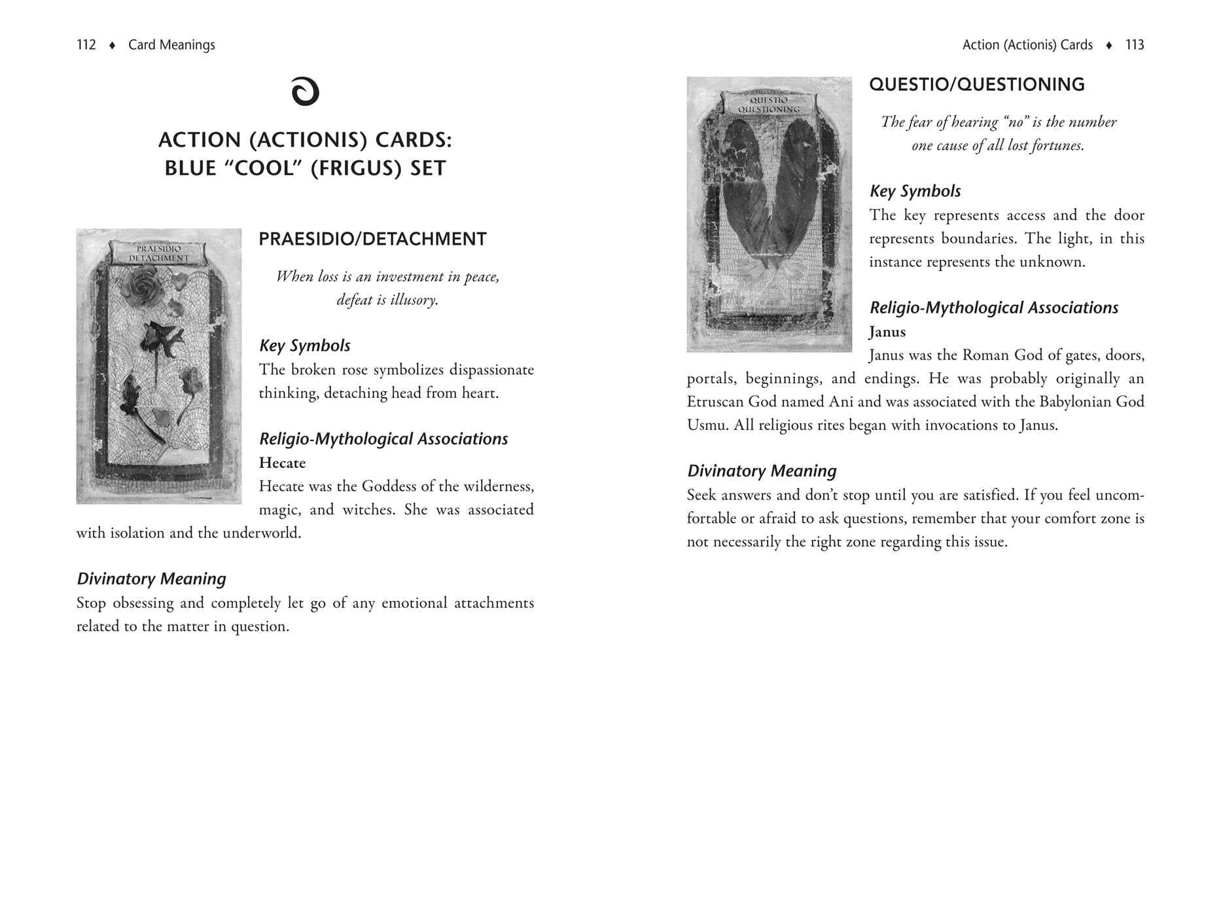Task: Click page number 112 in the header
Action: [x=86, y=44]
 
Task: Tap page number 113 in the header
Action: [x=1135, y=44]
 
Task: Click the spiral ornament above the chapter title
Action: [x=305, y=91]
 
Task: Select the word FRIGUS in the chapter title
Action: [x=356, y=168]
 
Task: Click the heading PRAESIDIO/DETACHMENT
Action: [x=372, y=239]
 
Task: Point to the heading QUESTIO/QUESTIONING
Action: [x=976, y=84]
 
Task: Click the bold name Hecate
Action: [x=282, y=463]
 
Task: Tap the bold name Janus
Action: [x=887, y=332]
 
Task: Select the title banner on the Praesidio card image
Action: [x=158, y=253]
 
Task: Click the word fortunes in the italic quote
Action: [x=1057, y=145]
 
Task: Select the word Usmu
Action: [x=706, y=425]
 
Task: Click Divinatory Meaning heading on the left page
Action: [x=151, y=578]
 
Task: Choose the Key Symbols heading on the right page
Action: [x=915, y=191]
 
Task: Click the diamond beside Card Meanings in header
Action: [x=113, y=45]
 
